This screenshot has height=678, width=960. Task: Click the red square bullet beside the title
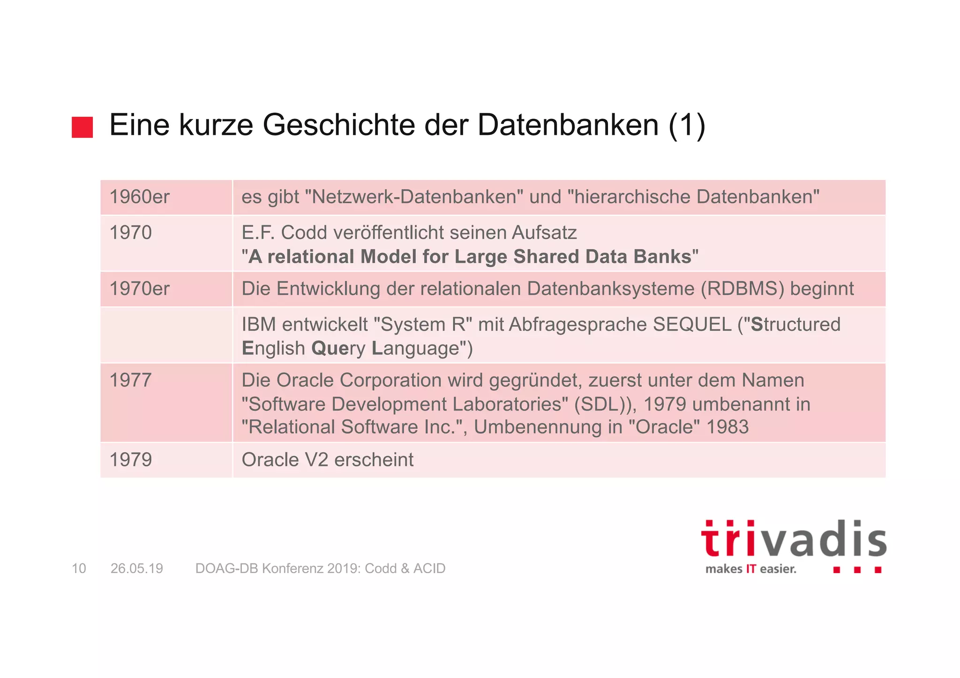click(x=82, y=127)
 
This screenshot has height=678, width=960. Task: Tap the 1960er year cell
click(x=139, y=197)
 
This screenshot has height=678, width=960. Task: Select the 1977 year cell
click(x=130, y=380)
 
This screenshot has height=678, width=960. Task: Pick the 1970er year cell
click(x=139, y=289)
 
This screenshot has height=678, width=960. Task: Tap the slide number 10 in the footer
click(x=79, y=568)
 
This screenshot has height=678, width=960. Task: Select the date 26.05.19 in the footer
click(x=137, y=568)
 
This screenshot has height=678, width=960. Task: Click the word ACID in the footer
click(x=429, y=568)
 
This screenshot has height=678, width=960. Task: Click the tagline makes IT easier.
click(x=750, y=569)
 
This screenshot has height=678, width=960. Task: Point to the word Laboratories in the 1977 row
click(x=507, y=404)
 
